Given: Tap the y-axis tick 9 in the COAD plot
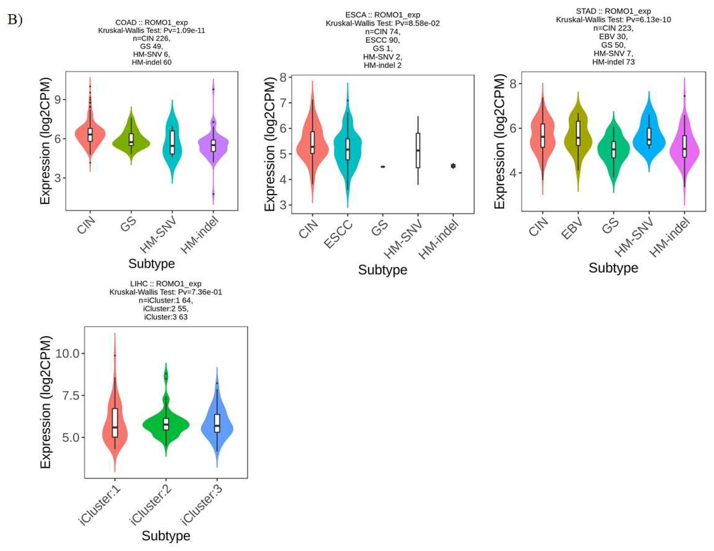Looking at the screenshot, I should point(58,100).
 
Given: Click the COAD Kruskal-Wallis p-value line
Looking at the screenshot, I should point(151,31).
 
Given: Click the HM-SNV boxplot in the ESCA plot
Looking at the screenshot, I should point(418,150).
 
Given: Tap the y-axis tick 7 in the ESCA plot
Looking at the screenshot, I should point(283,103).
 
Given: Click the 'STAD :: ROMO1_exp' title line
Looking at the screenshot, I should point(613,11).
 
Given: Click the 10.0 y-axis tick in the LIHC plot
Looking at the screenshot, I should point(67,353).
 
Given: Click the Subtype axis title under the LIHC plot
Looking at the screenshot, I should point(166,536).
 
